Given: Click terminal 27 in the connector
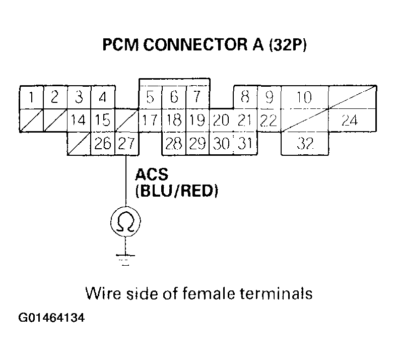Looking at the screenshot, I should pyautogui.click(x=126, y=144).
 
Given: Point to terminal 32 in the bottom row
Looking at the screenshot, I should pyautogui.click(x=304, y=144).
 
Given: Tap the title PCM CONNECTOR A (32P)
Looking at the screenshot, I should pyautogui.click(x=205, y=45).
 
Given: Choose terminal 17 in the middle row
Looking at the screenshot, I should pyautogui.click(x=150, y=121).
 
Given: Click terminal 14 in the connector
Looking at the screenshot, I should pyautogui.click(x=79, y=121).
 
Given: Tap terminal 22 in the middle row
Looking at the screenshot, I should pyautogui.click(x=269, y=121).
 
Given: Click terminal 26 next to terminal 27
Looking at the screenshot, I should pyautogui.click(x=102, y=144).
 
